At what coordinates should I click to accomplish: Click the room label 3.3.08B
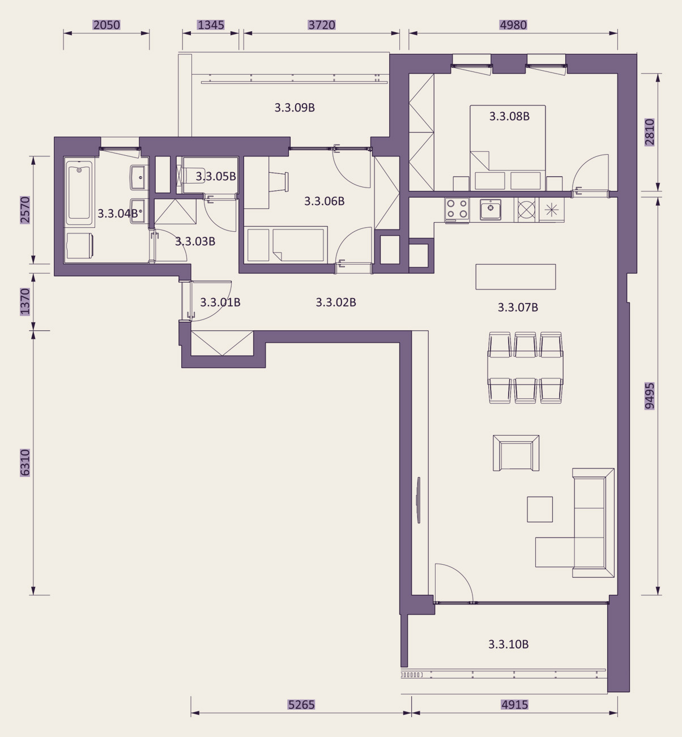(509, 116)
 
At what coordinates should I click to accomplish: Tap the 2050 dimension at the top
(106, 25)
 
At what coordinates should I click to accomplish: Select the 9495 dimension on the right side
(649, 395)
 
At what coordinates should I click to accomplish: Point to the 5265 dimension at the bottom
(301, 704)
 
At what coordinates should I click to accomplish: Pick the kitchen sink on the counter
(490, 209)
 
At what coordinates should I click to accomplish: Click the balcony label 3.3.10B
(508, 644)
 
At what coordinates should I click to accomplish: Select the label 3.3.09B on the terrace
(295, 108)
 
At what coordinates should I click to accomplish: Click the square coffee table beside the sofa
(540, 509)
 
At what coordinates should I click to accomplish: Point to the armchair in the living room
(516, 453)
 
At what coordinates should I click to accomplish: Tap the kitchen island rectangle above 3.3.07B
(515, 277)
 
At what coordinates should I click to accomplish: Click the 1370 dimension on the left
(24, 302)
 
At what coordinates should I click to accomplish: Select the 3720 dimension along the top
(322, 25)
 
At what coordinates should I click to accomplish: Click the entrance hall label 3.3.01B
(220, 302)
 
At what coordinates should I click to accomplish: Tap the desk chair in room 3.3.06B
(279, 182)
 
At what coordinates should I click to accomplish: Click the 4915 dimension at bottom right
(514, 704)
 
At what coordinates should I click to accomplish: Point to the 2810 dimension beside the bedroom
(649, 133)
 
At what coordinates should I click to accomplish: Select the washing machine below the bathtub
(79, 245)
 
